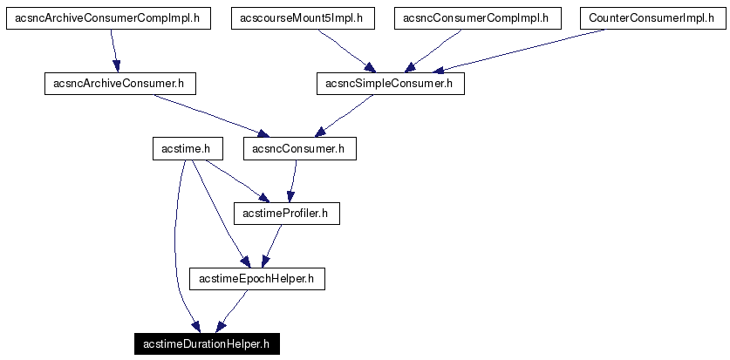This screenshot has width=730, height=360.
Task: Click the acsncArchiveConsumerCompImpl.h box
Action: coord(108,18)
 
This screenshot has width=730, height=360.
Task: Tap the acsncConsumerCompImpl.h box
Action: coord(476,18)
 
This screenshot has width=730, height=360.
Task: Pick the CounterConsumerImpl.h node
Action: coord(652,18)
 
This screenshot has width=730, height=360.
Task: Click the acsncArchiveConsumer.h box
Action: coord(119,84)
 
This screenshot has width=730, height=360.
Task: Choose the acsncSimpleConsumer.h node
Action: coord(389,84)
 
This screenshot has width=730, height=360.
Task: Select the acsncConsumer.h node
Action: coord(299,149)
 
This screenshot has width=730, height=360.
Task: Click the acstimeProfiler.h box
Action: coord(285,214)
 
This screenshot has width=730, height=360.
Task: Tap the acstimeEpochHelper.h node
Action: coord(256,279)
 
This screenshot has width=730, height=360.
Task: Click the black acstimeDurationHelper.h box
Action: coord(207,344)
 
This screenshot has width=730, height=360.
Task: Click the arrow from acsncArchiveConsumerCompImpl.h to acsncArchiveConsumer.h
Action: coord(113,51)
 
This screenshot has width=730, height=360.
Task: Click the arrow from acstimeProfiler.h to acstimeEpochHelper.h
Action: coord(273,246)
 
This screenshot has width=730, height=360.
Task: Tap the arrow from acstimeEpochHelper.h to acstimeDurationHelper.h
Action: coord(232,311)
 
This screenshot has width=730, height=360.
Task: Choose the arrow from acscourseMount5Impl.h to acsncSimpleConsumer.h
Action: coord(345,51)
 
